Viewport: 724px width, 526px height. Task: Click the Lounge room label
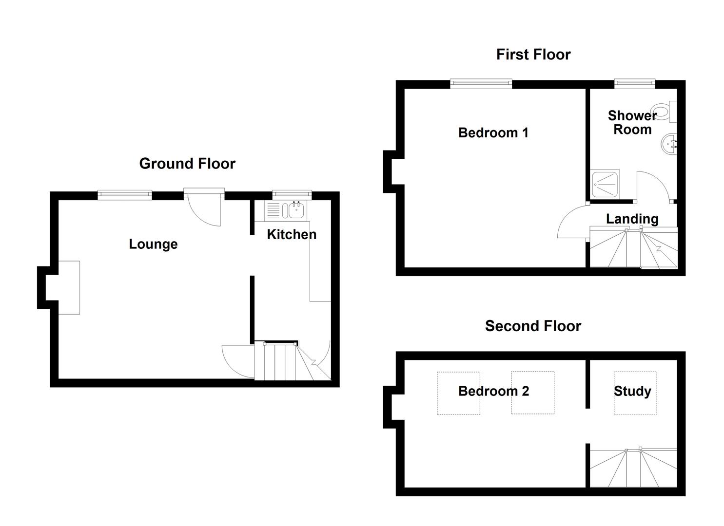click(x=153, y=244)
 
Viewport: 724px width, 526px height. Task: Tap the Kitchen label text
click(x=292, y=234)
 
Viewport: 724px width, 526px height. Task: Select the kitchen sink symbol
click(x=296, y=210)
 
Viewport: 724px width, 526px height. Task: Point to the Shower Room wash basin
click(x=669, y=144)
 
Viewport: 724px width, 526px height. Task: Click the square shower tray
click(x=605, y=185)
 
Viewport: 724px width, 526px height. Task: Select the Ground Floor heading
click(x=187, y=164)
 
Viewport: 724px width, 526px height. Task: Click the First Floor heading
click(x=533, y=55)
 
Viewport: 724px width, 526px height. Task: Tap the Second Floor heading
click(x=533, y=326)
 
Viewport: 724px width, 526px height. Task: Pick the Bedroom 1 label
click(x=493, y=132)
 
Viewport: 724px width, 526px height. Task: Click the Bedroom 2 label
click(x=493, y=391)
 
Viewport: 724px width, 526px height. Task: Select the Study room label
click(x=632, y=391)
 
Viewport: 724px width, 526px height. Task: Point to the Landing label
click(x=632, y=219)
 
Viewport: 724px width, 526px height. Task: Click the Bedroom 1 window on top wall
click(x=481, y=84)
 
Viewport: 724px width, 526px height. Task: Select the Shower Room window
click(x=634, y=84)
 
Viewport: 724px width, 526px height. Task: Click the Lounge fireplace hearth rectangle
click(x=69, y=287)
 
